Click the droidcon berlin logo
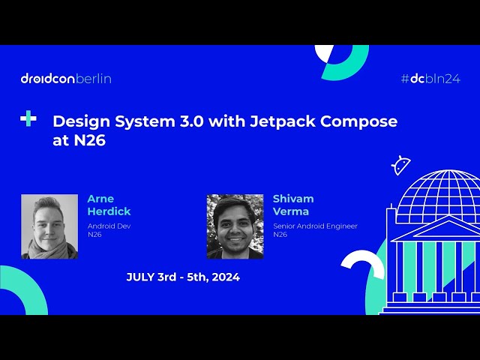click(66, 78)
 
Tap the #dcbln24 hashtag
click(430, 78)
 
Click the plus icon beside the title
click(28, 118)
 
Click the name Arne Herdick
click(109, 205)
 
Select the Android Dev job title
click(109, 226)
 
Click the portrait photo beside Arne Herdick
click(49, 226)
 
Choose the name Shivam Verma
click(294, 205)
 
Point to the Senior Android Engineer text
click(315, 226)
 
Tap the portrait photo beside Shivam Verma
click(235, 226)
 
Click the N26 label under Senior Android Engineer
click(280, 235)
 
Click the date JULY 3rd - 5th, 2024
click(183, 277)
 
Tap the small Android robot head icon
click(401, 165)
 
